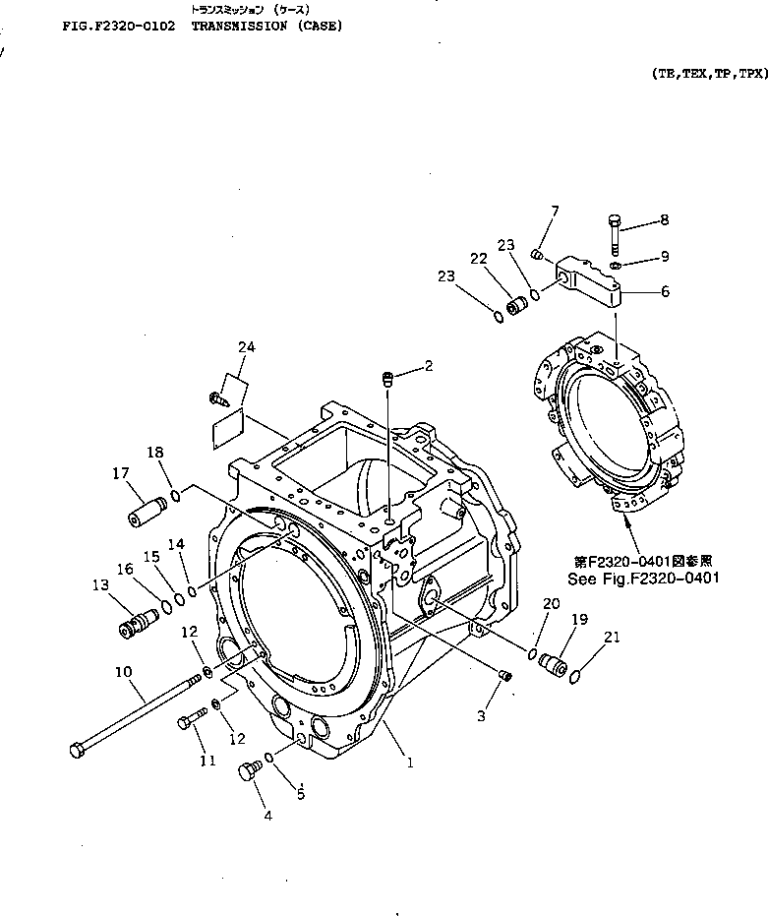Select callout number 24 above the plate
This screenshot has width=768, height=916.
(x=246, y=346)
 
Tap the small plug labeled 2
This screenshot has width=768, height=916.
(x=387, y=376)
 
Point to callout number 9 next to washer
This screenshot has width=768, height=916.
(x=664, y=257)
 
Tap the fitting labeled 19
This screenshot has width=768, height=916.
(x=555, y=664)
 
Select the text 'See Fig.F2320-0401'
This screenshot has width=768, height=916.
(x=643, y=579)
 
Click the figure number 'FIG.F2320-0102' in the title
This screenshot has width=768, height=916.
(x=118, y=26)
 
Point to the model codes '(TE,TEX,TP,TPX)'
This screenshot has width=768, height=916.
(x=708, y=73)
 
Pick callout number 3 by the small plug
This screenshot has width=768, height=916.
(x=481, y=716)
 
